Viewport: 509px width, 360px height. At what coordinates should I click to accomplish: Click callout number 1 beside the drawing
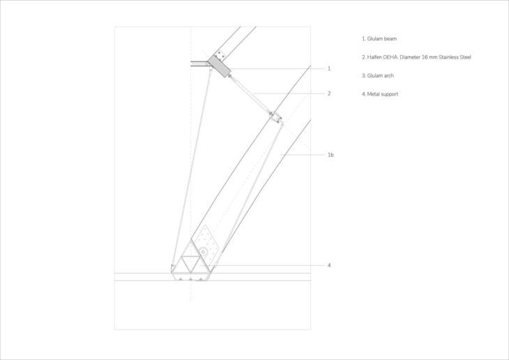328,69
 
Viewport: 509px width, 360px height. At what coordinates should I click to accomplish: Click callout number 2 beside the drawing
328,93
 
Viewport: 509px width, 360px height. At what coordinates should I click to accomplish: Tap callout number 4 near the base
328,265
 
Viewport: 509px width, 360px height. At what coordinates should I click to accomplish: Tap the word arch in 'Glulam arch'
389,75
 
